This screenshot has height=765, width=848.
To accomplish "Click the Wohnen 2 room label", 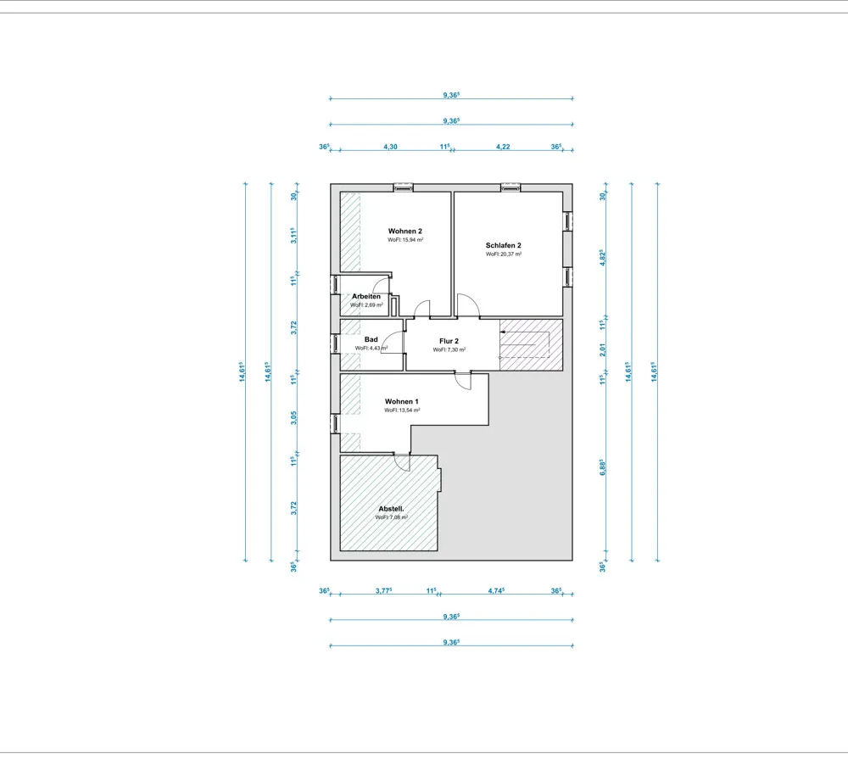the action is (405, 231).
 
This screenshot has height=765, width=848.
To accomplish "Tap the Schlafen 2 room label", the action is (504, 245).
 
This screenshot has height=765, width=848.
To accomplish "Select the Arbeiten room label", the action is (366, 297).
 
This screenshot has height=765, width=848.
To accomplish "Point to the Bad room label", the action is (371, 339).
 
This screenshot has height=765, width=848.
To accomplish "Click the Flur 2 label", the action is (449, 341).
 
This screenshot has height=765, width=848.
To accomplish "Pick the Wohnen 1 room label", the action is (402, 401).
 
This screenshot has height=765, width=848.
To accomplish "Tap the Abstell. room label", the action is (391, 509).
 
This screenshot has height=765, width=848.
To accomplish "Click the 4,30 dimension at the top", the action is (390, 147).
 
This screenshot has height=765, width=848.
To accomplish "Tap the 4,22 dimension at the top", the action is (503, 147).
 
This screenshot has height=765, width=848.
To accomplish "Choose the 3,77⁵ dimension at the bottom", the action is (383, 591).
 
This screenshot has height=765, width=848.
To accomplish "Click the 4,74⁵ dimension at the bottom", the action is (496, 591).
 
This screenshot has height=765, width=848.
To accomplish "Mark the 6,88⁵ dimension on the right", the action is (602, 467).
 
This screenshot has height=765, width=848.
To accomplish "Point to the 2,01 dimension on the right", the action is (602, 349).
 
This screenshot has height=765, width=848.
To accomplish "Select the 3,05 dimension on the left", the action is (293, 417).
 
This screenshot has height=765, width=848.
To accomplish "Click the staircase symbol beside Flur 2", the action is (531, 344).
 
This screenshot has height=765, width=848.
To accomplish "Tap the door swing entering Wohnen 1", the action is (463, 381).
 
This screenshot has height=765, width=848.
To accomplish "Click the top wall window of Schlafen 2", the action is (510, 187).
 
